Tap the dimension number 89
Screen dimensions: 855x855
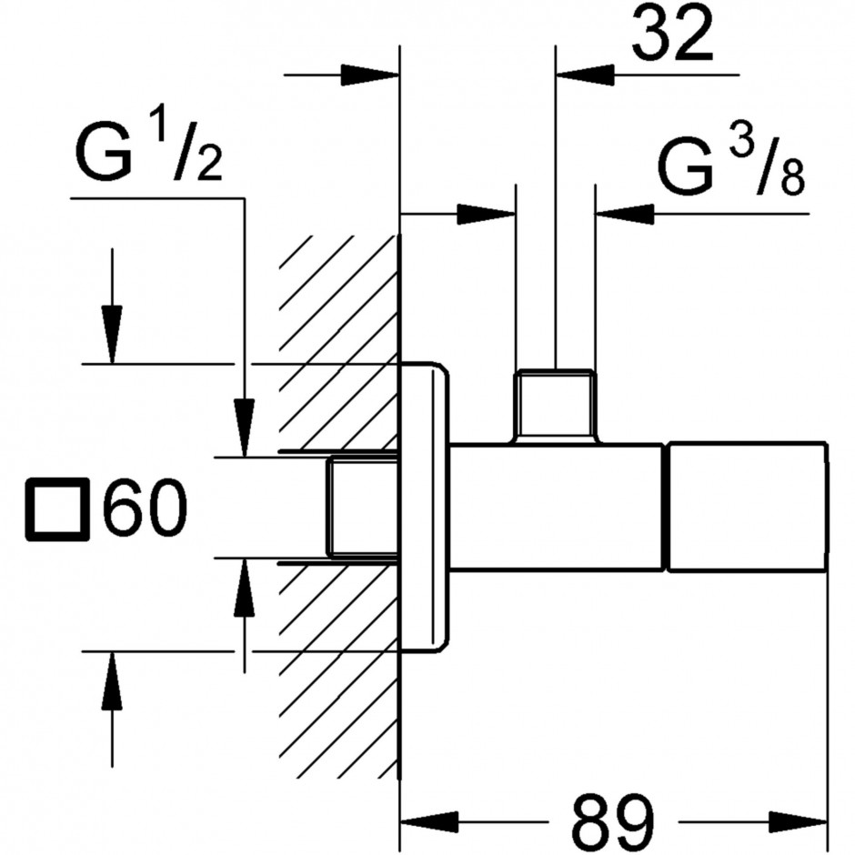pyautogui.click(x=613, y=823)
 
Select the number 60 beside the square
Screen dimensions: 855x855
pyautogui.click(x=145, y=508)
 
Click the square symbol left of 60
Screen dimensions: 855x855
pyautogui.click(x=58, y=509)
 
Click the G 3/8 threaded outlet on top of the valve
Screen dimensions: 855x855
pyautogui.click(x=556, y=405)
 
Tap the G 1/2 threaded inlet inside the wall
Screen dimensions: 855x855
pyautogui.click(x=363, y=508)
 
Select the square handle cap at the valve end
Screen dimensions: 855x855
pyautogui.click(x=748, y=507)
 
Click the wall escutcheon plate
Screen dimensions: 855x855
pyautogui.click(x=425, y=507)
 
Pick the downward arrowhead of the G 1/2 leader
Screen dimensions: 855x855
pyautogui.click(x=245, y=427)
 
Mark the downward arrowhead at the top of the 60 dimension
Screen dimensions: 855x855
pyautogui.click(x=112, y=334)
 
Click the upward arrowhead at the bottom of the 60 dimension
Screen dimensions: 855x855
pyautogui.click(x=112, y=680)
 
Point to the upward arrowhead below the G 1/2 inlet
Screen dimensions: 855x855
pyautogui.click(x=245, y=588)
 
